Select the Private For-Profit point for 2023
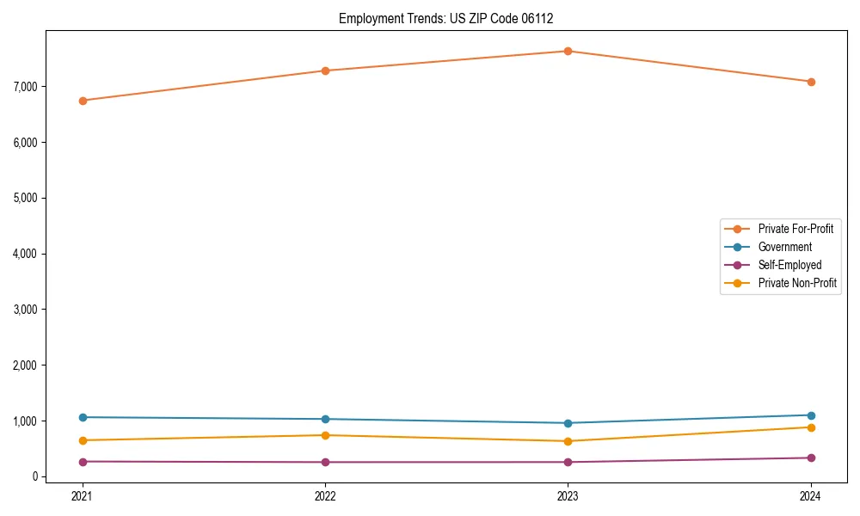pos(568,51)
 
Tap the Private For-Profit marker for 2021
pos(83,101)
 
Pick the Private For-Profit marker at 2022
pos(325,71)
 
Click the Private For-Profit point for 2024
pos(811,82)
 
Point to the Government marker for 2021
pos(83,417)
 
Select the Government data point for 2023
pos(568,423)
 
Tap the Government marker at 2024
pos(811,415)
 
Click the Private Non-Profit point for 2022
pos(325,435)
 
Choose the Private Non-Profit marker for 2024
pos(811,427)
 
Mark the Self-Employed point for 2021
pos(83,462)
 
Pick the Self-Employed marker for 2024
pos(811,458)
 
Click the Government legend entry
pos(784,247)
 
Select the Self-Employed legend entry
pos(789,265)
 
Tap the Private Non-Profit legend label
pos(797,283)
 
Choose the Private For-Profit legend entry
pos(795,229)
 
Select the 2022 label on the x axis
pos(325,495)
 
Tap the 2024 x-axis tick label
pos(811,495)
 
